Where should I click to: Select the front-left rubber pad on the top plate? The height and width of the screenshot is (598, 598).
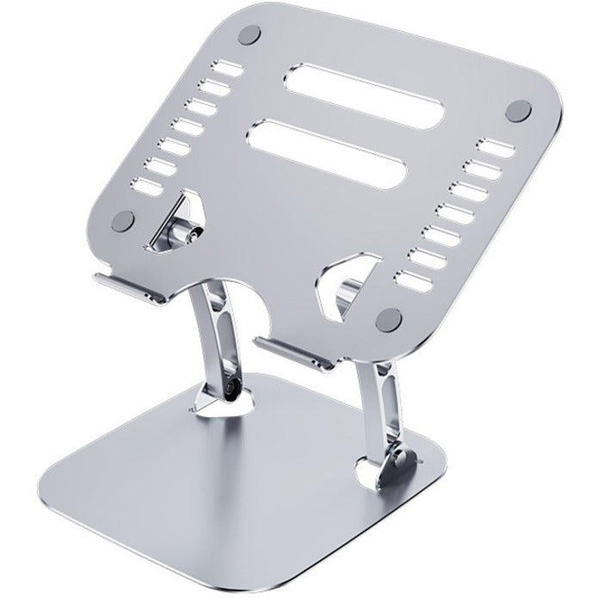(x=125, y=219)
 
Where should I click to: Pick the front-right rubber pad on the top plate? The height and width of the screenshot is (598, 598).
(x=391, y=317)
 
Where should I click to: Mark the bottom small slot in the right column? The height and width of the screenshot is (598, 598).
(x=410, y=276)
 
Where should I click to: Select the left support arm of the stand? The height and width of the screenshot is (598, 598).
(x=217, y=340)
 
